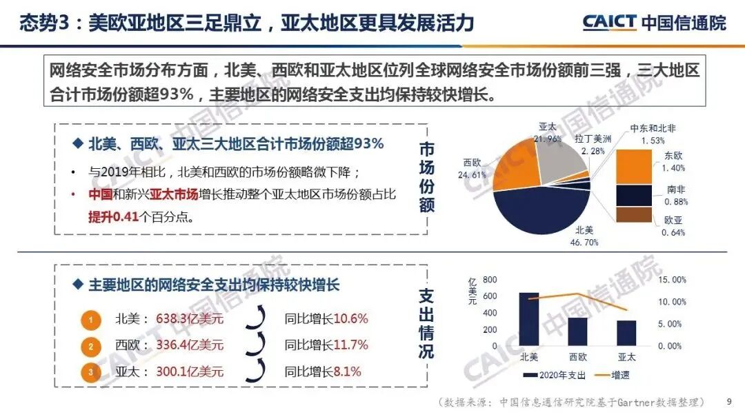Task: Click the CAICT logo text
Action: [610, 22]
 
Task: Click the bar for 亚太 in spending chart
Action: [626, 333]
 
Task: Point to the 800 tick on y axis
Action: [490, 280]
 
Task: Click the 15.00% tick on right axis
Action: [672, 280]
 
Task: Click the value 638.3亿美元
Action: [190, 319]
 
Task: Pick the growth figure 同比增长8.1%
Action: [322, 371]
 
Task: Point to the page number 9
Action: [729, 401]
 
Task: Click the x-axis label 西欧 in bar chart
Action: [578, 357]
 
